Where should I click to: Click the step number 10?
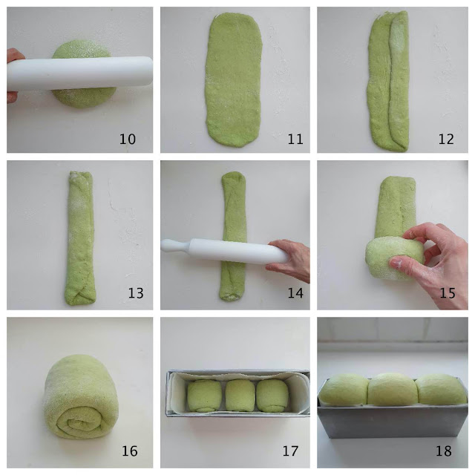[x=127, y=139]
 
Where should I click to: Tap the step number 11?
[x=295, y=139]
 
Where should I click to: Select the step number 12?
[x=446, y=139]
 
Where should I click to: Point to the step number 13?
[x=135, y=293]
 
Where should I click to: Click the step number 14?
[x=295, y=293]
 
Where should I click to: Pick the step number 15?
[x=447, y=293]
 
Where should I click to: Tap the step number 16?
[x=129, y=451]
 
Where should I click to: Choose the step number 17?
[x=290, y=451]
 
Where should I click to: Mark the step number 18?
[x=444, y=451]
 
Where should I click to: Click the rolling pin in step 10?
[x=79, y=73]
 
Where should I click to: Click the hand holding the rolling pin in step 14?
[x=289, y=260]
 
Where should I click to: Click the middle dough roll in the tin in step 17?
[x=240, y=395]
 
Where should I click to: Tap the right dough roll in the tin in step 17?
[x=272, y=396]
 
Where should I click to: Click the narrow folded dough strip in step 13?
[x=79, y=237]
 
